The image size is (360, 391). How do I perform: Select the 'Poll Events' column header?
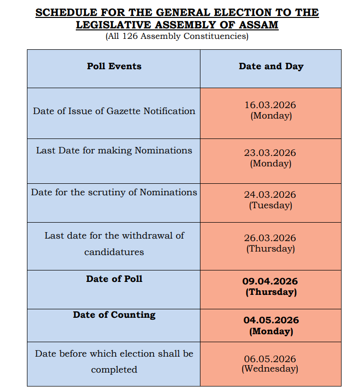tap(114, 66)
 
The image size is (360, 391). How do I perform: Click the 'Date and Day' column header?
tap(271, 66)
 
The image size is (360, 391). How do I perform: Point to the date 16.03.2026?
tap(270, 105)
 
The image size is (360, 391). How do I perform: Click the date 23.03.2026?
tap(270, 153)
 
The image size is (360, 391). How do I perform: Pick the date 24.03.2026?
tap(270, 195)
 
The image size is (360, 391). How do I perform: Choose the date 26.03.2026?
tap(270, 238)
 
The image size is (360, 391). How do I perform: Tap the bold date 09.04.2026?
tap(271, 281)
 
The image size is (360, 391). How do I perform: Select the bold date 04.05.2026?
tap(271, 320)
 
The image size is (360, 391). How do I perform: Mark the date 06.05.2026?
tap(270, 359)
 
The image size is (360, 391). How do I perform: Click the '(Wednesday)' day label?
tap(270, 369)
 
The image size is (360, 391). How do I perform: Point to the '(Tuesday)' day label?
tap(271, 205)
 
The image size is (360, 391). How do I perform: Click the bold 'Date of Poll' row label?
tap(114, 279)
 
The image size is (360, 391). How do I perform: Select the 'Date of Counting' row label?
tap(114, 315)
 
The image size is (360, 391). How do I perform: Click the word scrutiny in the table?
tap(107, 192)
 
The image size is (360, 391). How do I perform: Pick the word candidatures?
tap(114, 252)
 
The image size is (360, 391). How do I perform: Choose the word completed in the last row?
tap(114, 370)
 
